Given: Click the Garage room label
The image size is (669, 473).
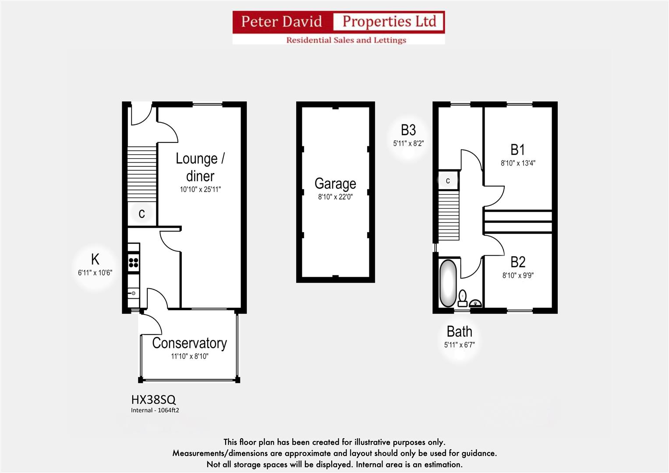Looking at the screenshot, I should point(335,184).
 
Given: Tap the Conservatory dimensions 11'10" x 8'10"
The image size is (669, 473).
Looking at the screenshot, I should point(189,357).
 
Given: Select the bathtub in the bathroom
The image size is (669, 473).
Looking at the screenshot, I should point(447,283).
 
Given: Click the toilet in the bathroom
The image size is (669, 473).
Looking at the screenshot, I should point(463,298).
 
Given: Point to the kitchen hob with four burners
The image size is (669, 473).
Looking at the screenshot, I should point(134,263).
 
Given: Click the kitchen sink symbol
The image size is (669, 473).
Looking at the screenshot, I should point(133,293).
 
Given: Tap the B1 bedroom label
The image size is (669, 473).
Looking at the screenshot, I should point(517,150).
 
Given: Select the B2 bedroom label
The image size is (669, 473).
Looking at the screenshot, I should point(518,262).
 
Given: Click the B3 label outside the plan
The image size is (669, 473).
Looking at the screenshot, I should point(408,130).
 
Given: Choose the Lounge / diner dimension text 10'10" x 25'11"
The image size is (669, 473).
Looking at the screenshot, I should point(200,190).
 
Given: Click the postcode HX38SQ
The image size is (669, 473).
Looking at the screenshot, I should point(153,399).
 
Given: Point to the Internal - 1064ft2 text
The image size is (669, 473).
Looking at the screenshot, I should point(155,410).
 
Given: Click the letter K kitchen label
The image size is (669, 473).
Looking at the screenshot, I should point(95,259).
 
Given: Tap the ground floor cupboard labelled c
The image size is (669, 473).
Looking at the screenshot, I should point(142,214).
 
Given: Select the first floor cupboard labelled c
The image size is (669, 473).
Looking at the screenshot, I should point(448,180).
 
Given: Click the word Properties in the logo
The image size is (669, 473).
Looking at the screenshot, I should point(389,21).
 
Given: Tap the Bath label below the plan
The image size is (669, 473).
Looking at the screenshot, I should point(459,332).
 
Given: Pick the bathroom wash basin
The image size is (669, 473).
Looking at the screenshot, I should point(475,303).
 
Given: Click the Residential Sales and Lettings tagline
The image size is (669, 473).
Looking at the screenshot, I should point(346,40).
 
